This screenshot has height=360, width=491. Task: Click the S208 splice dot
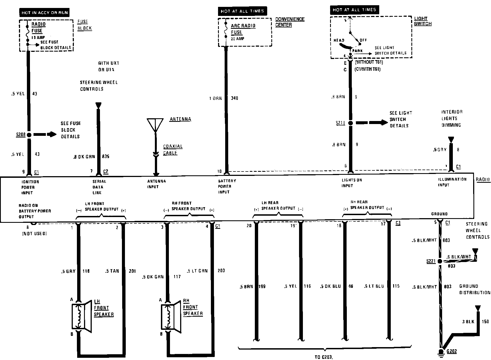point(29,135)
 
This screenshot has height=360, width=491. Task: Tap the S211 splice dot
point(350,123)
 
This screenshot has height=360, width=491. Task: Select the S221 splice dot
point(439,261)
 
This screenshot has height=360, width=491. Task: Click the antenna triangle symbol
point(155,125)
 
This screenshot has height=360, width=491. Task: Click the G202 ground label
point(451,351)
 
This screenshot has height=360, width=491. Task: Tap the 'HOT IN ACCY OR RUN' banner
point(44,13)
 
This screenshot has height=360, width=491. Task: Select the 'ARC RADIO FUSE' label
point(243,29)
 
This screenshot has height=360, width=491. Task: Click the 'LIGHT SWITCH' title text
point(423,21)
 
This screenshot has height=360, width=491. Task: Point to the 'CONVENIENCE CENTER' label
point(290,22)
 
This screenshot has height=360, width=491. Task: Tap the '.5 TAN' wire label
point(112,271)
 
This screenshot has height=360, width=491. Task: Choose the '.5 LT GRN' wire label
point(197,271)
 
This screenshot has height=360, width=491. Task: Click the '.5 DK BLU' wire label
point(330,286)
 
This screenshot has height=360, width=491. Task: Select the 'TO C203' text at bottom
point(324,357)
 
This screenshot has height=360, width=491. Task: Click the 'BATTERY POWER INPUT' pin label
point(227,186)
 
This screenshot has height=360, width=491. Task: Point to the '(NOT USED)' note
point(34,234)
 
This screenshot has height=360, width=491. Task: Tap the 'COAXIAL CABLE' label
point(173,150)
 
